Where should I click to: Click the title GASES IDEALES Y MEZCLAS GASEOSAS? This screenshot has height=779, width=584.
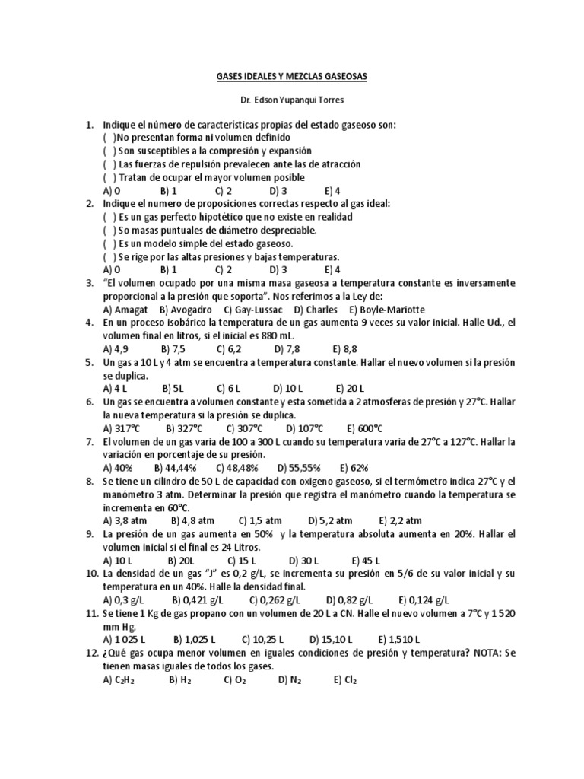[x=292, y=77]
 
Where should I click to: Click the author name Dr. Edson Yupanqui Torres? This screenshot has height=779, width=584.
[x=292, y=100]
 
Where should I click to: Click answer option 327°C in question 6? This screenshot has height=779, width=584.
[x=179, y=428]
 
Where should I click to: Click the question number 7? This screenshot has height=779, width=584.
[x=90, y=441]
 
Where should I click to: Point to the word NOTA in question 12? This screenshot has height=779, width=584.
[x=480, y=653]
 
